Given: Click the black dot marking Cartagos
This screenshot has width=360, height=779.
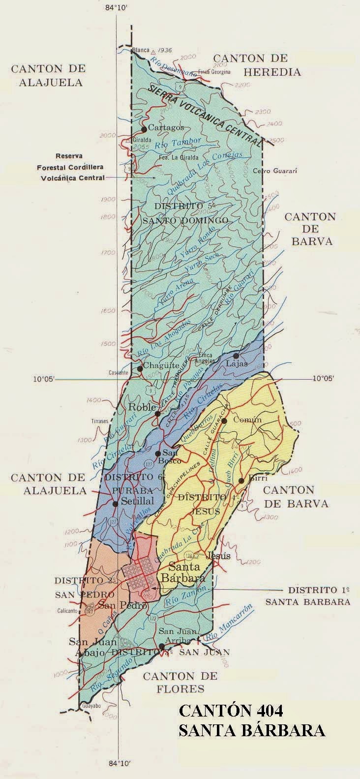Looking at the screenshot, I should point(144,129).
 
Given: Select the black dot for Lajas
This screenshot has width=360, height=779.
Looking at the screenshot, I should point(236,356).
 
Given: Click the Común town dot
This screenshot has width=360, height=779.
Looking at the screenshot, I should point(224,421).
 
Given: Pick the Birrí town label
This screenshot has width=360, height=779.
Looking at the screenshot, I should point(251,480).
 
